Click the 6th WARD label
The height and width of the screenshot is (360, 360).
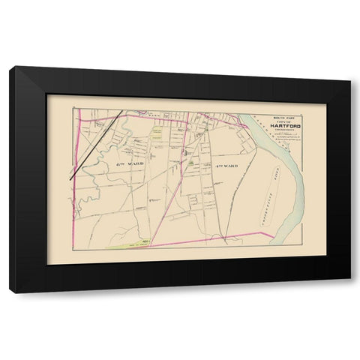(130, 162)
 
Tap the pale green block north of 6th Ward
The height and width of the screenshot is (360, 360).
(157, 133)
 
